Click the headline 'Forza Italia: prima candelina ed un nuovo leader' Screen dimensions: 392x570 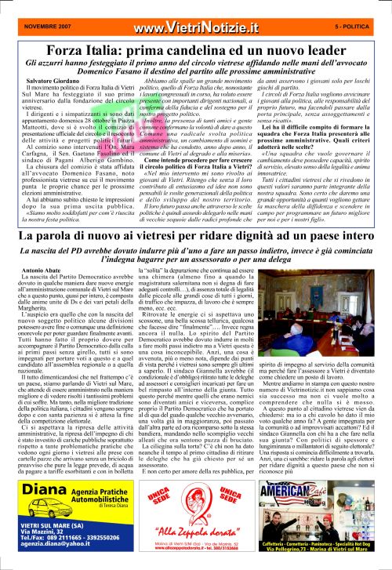(x=196, y=30)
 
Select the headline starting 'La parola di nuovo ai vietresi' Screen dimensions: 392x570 (x=196, y=235)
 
